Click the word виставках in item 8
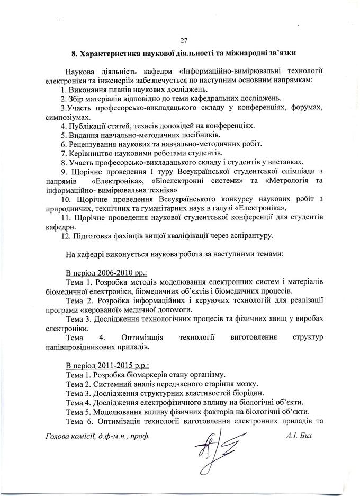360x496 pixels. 285,162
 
